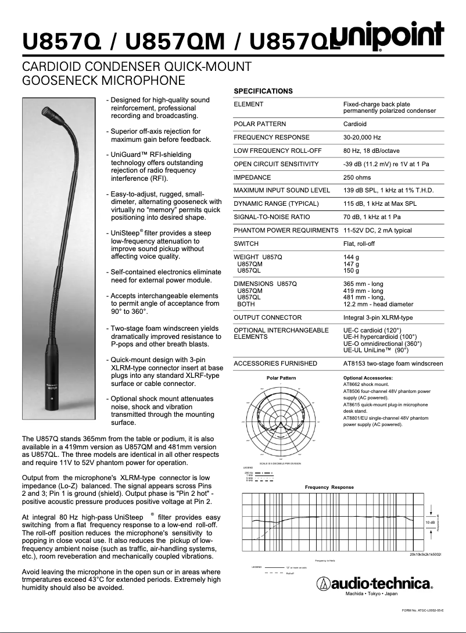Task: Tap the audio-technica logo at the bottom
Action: (x=375, y=583)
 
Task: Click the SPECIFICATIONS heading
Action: (x=263, y=91)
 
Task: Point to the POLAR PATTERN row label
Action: (x=259, y=124)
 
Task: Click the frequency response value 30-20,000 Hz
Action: (x=362, y=137)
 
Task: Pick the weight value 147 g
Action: (x=351, y=264)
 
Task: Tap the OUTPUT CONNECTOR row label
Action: (x=267, y=317)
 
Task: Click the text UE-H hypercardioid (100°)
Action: (x=380, y=337)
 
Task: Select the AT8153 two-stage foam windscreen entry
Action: (x=393, y=363)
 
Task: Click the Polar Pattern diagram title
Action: (x=281, y=378)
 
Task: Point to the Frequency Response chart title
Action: (x=329, y=487)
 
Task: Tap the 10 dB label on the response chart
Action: (x=430, y=523)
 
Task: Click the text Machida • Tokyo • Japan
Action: (x=372, y=594)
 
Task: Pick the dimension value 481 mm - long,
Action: (x=364, y=297)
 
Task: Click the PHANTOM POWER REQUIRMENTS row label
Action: (x=285, y=231)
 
